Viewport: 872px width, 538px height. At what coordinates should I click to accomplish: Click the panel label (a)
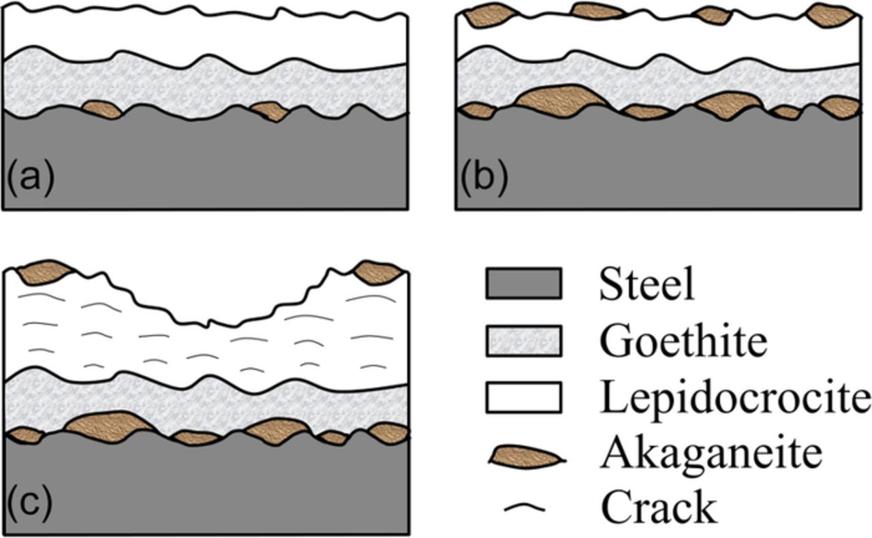tap(30, 180)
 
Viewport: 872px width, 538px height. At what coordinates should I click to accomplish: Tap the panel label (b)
tap(483, 180)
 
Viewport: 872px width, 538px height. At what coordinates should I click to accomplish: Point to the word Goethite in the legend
tap(683, 342)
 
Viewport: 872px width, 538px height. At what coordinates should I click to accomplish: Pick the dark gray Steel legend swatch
tap(523, 284)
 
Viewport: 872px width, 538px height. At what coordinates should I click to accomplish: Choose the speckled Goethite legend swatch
tap(523, 341)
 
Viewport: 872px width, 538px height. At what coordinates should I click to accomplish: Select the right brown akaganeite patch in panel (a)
tap(270, 110)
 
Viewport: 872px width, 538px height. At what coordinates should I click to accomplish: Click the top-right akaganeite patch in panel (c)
tap(379, 272)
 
